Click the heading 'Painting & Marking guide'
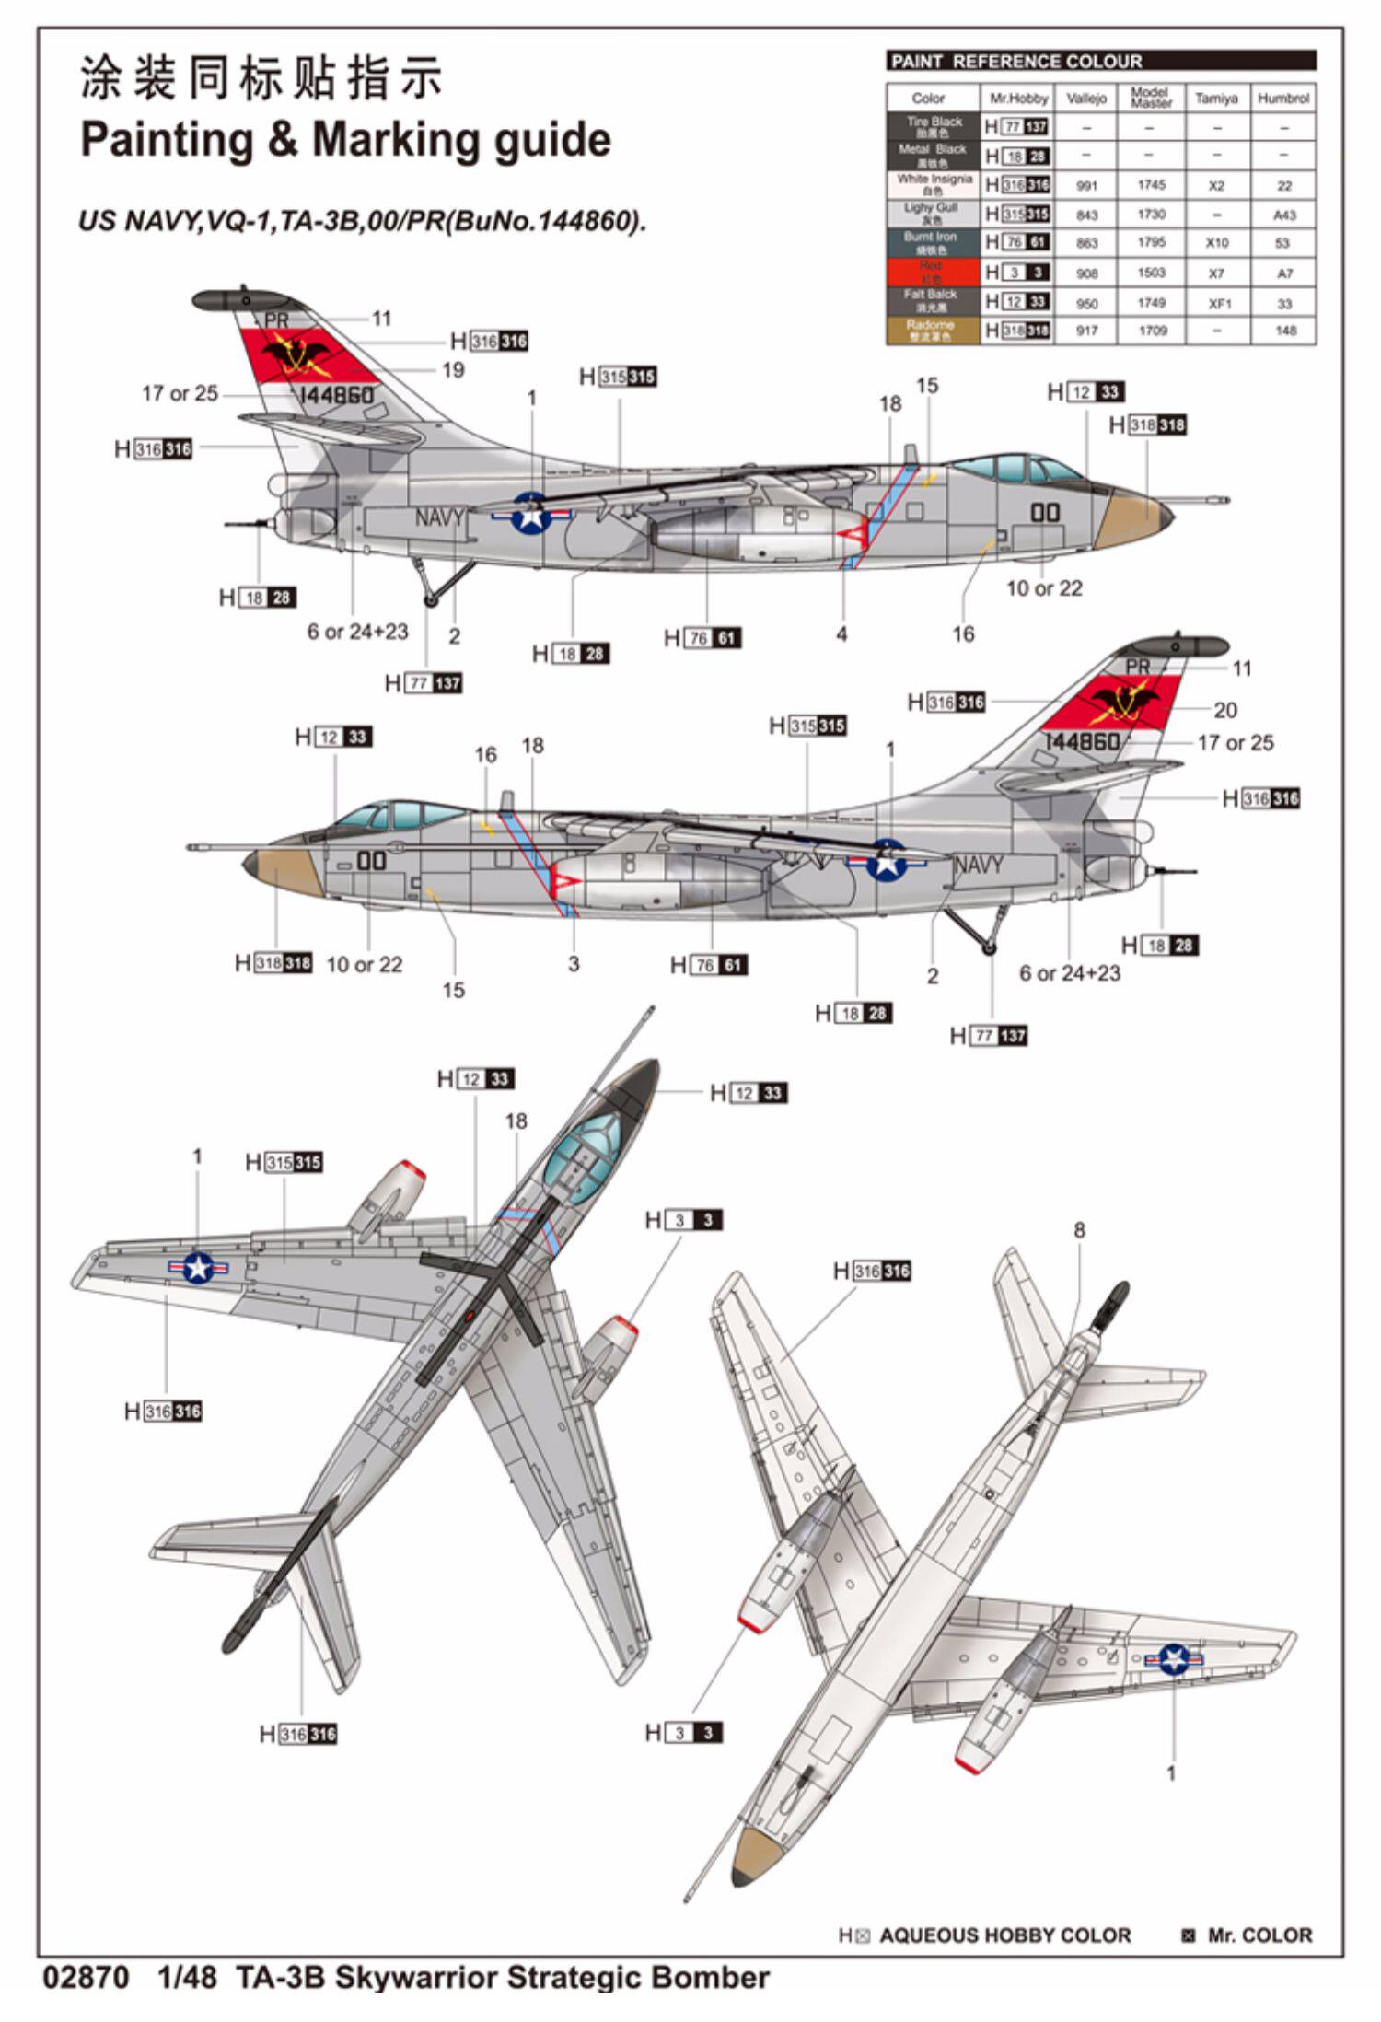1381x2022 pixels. point(345,140)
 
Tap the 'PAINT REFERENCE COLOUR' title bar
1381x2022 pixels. point(1100,62)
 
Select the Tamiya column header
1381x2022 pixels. point(1216,98)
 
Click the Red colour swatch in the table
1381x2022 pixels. point(932,272)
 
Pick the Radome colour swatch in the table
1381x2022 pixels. point(932,330)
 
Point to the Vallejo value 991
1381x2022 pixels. point(1086,185)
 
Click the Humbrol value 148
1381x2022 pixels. point(1284,331)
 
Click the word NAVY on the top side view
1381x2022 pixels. point(438,518)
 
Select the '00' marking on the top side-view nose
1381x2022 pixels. point(1045,512)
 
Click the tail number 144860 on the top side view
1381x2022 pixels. point(336,396)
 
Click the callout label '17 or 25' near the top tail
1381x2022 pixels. point(180,394)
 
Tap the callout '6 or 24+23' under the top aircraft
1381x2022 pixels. point(357,632)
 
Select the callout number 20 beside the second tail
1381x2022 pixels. point(1225,710)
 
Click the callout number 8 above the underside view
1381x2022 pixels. point(1079,1230)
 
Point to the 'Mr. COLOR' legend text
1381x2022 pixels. point(1259,1935)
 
